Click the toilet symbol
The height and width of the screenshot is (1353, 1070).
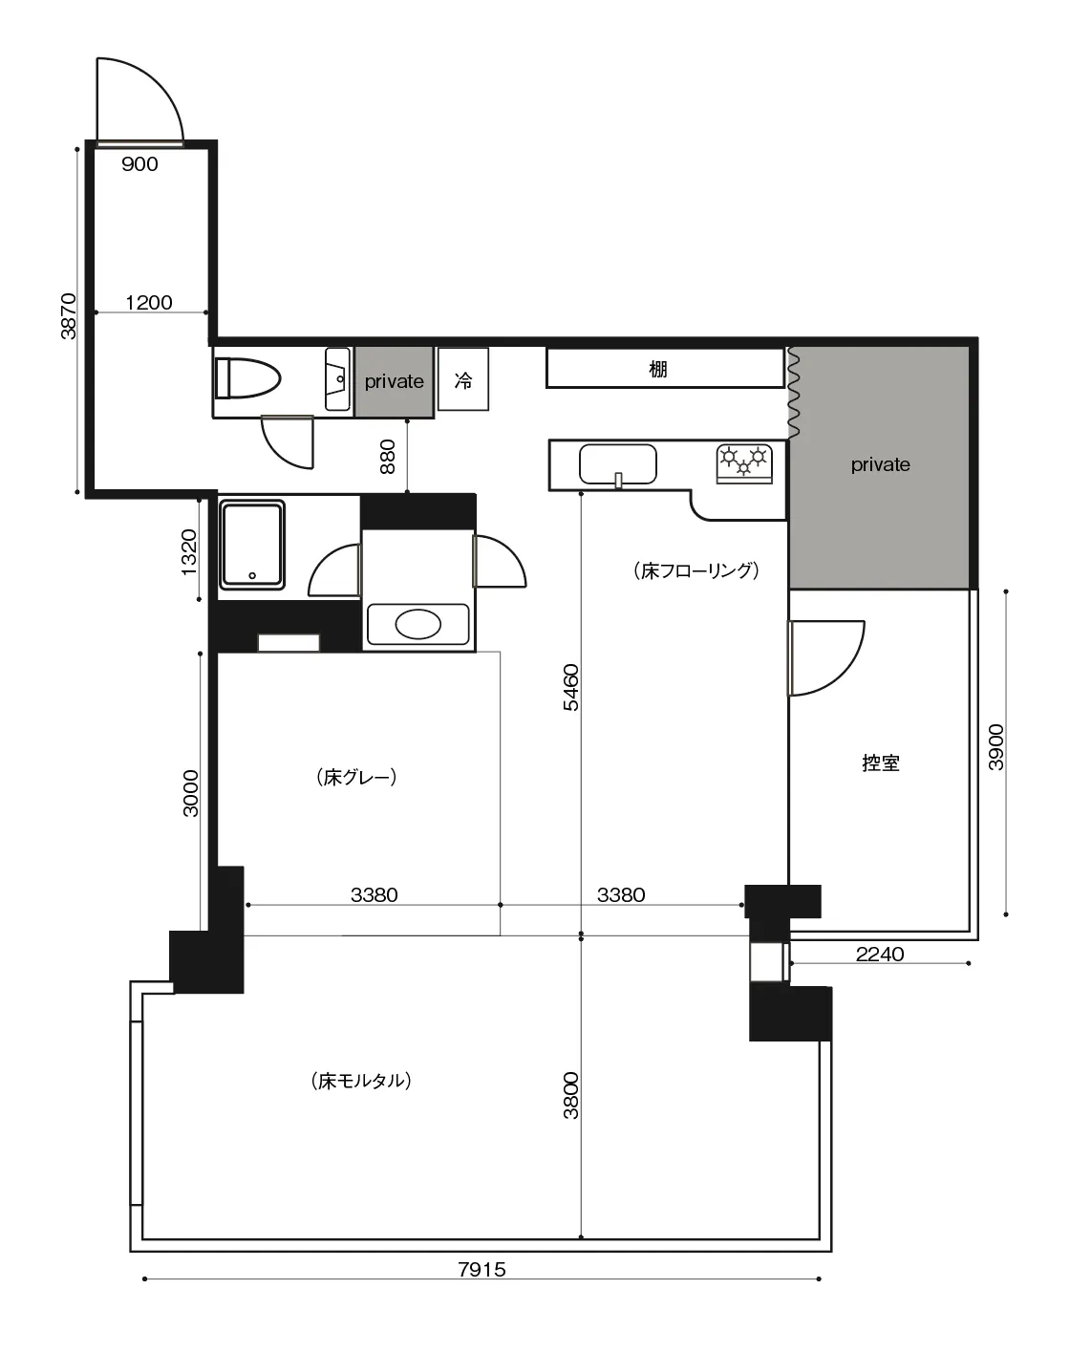247,378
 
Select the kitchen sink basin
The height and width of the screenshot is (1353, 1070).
617,464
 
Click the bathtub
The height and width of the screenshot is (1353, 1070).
252,545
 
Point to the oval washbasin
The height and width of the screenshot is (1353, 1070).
418,625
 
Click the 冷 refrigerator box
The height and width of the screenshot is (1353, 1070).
463,379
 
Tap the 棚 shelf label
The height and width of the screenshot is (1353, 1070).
657,369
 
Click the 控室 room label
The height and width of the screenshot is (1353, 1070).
880,762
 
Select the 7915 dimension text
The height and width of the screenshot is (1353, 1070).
481,1269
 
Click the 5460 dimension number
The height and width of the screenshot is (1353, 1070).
571,687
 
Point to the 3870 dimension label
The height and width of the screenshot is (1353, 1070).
68,316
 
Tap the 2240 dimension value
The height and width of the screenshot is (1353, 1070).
880,955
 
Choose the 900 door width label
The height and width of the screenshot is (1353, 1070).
139,164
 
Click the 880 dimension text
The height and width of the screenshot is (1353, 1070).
388,457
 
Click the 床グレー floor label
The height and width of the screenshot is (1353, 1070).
356,777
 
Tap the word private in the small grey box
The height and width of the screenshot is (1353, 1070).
395,381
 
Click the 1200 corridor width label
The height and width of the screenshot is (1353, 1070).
149,302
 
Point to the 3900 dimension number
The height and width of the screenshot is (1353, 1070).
995,747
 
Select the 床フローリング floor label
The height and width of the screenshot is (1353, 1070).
695,570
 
